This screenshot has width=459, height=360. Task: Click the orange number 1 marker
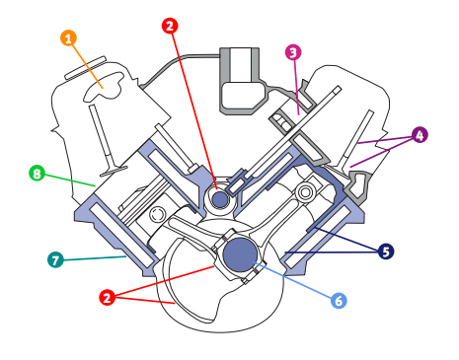(x=68, y=38)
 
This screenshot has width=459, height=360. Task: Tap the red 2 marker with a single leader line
(x=171, y=26)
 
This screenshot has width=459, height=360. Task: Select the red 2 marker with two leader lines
(x=107, y=296)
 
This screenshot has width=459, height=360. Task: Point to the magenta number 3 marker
(x=293, y=51)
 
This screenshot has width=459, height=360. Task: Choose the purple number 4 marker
(x=420, y=134)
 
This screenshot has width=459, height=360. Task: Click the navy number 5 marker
(x=339, y=300)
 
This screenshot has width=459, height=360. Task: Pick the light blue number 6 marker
(x=54, y=260)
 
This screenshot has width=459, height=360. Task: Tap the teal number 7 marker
(x=37, y=174)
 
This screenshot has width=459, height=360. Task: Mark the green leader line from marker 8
(x=91, y=257)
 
